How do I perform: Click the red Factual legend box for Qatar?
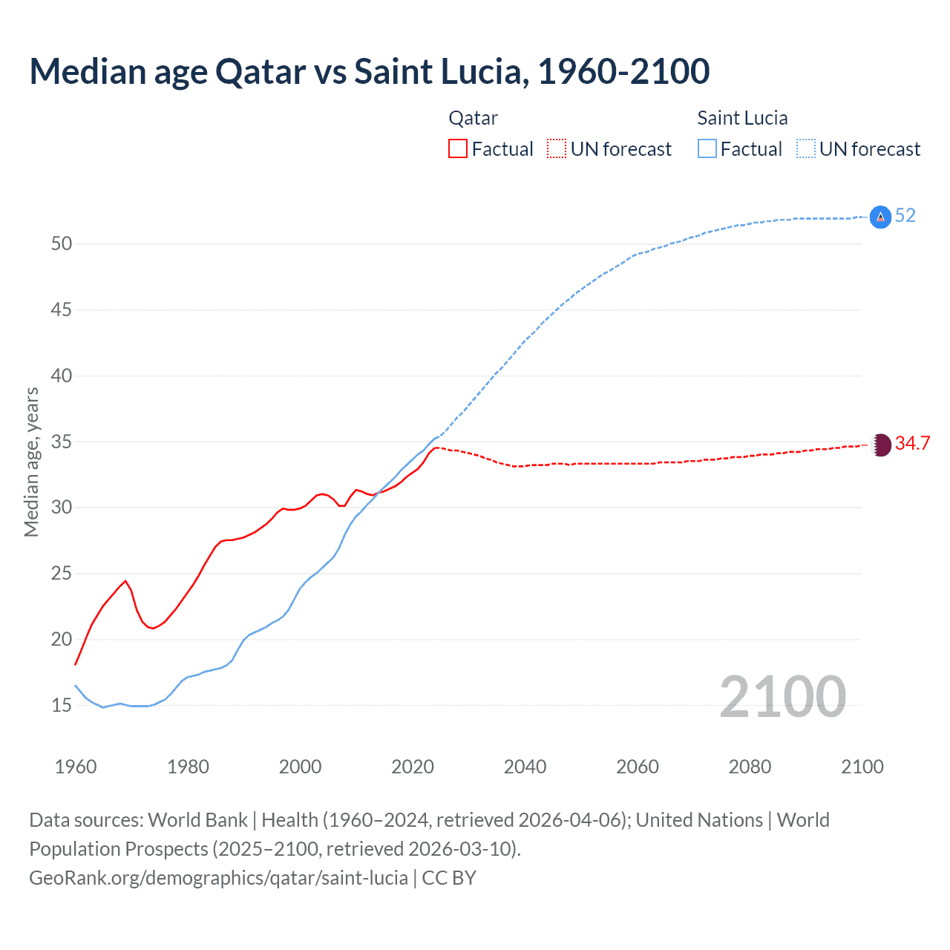click(x=458, y=149)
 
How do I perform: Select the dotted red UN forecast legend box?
click(x=557, y=149)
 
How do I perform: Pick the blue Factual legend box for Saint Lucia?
click(x=707, y=149)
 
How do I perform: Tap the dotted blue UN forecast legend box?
click(x=806, y=149)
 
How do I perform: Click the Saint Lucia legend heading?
click(x=742, y=118)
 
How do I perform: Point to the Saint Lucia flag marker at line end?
click(x=880, y=217)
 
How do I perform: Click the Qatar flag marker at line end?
click(x=880, y=445)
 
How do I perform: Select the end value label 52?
click(x=905, y=216)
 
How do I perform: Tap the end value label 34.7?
click(x=912, y=444)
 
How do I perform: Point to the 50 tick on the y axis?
click(x=61, y=244)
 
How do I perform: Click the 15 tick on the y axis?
click(x=61, y=705)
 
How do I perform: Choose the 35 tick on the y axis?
click(x=61, y=442)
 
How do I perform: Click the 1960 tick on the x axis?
click(x=76, y=767)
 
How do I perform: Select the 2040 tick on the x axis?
click(x=525, y=767)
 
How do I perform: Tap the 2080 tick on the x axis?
click(x=750, y=767)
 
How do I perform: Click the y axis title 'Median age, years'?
click(x=31, y=462)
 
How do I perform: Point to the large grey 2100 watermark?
click(x=782, y=697)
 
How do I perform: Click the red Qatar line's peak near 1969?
click(x=125, y=581)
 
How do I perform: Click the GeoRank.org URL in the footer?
click(x=218, y=878)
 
